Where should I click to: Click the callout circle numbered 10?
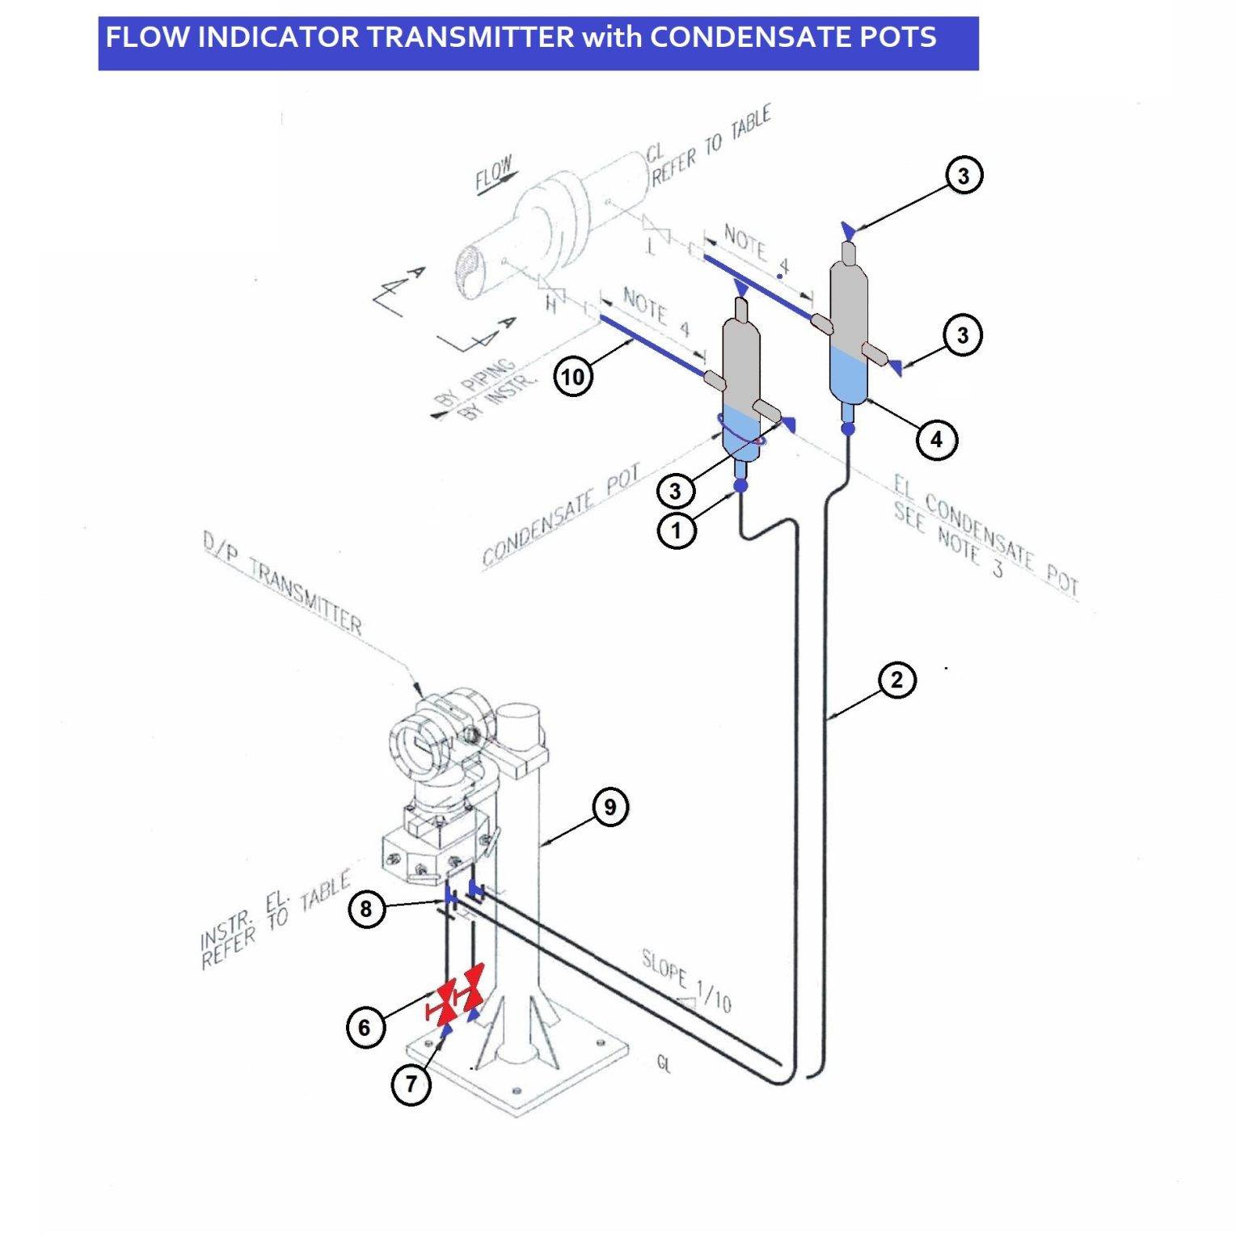572,377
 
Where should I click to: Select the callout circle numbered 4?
936,440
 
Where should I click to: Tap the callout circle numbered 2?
896,680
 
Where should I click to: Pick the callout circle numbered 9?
610,806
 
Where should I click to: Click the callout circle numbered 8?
366,909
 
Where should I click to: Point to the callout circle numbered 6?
365,1027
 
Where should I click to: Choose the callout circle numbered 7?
411,1084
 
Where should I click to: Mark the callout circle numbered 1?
677,531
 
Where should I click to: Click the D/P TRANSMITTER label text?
283,585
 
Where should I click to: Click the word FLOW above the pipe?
493,174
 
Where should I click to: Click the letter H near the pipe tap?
552,305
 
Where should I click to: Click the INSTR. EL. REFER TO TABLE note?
275,922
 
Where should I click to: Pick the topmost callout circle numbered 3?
963,175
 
